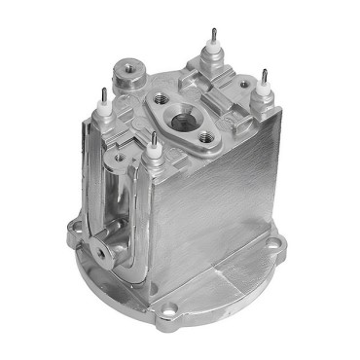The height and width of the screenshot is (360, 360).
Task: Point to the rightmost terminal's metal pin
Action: coord(262,76)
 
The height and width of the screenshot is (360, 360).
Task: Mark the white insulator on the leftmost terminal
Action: coord(103,109)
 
